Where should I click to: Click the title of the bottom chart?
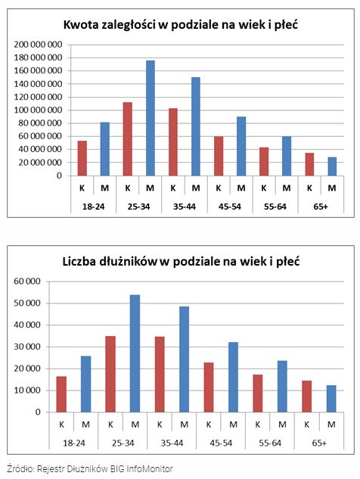pyautogui.click(x=181, y=262)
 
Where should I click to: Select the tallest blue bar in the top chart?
pyautogui.click(x=150, y=118)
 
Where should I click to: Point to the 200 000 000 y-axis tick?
pyautogui.click(x=38, y=45)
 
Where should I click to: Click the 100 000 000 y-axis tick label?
pyautogui.click(x=38, y=110)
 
